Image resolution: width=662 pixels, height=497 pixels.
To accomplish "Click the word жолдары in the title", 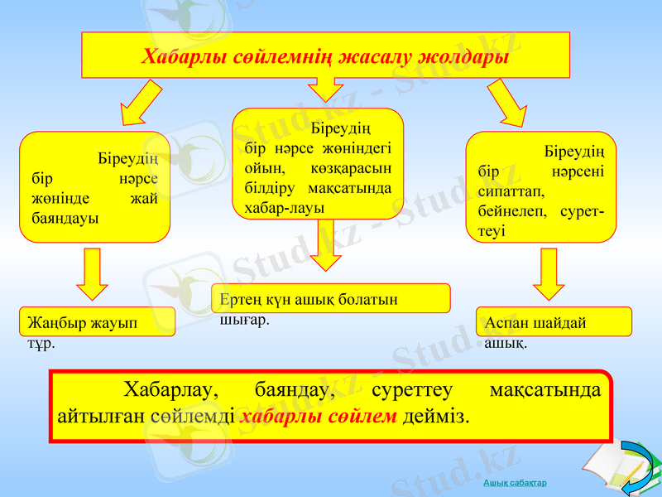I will coord(463,57).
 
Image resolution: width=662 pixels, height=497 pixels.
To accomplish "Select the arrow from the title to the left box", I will coord(141,103).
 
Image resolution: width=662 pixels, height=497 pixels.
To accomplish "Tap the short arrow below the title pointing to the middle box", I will coord(325,89).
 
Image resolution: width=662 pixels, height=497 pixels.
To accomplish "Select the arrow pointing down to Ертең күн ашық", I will coord(325,245).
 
